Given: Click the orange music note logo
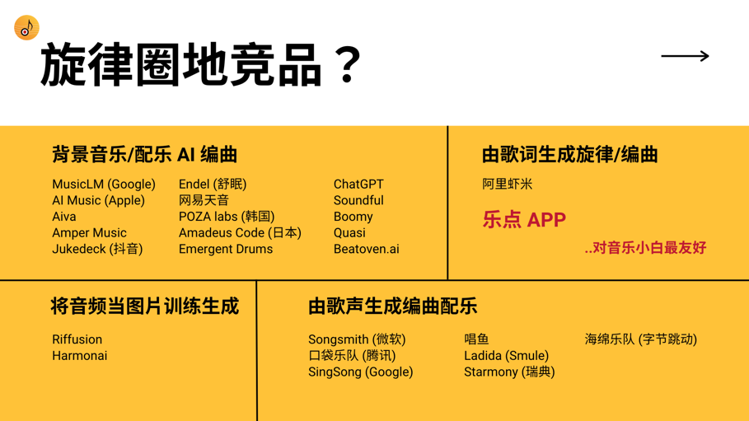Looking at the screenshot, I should point(26,28).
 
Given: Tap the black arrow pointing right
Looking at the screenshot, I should point(685,56).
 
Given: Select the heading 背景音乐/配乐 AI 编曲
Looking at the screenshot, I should point(144,154).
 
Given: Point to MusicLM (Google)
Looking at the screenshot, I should point(104,185).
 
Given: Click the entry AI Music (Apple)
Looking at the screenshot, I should point(98,200).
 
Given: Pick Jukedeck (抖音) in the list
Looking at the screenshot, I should point(97,249).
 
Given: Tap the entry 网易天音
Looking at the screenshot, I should point(204,200).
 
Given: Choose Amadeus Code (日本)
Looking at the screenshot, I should point(240,233).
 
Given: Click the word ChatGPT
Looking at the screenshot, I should point(358,185).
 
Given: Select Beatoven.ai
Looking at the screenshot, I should point(366,249).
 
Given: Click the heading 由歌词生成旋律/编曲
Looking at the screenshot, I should point(569,154).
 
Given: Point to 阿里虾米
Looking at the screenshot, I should point(507,185).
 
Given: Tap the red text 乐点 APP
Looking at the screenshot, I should point(524,220).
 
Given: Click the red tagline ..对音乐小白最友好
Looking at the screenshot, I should point(645,248).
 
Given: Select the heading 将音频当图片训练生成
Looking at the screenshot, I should point(144,306).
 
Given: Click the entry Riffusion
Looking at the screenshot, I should point(77,339).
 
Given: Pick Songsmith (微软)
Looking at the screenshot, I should point(357,339).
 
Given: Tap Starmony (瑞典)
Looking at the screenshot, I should point(509,372).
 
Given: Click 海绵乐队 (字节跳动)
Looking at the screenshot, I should point(640,339).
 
